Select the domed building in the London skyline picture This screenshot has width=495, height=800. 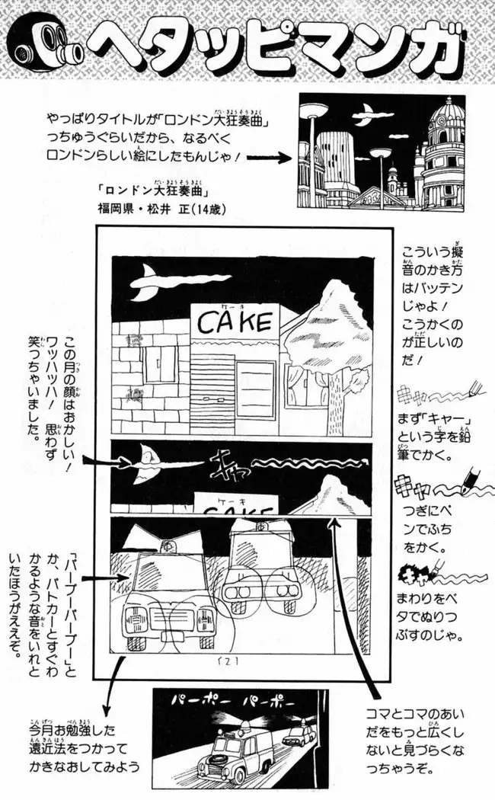[x=449, y=152]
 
